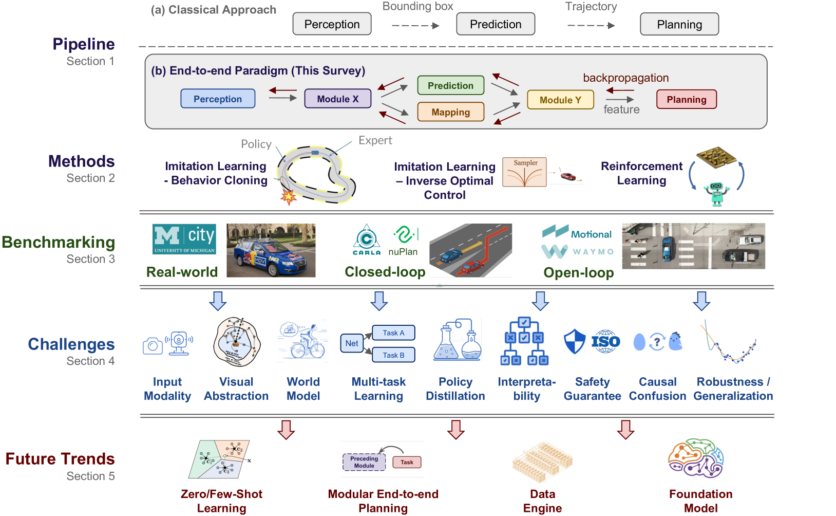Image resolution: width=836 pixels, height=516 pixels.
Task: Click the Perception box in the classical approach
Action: click(332, 24)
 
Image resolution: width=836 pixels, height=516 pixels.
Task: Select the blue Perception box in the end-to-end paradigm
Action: click(218, 99)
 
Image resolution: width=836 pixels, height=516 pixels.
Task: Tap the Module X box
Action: click(337, 99)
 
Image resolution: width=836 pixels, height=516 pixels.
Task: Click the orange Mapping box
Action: click(450, 112)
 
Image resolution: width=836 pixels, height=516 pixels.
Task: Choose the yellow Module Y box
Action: click(560, 100)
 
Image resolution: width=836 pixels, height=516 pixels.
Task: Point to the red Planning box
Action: click(686, 99)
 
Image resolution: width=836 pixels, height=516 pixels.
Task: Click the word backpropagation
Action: click(625, 78)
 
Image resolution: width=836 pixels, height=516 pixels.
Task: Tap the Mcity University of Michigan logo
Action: click(184, 239)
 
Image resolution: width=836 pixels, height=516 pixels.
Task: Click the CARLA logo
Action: click(367, 239)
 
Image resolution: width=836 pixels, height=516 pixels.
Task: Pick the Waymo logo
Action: click(578, 251)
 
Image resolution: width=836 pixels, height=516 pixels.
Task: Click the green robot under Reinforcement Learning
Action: click(716, 194)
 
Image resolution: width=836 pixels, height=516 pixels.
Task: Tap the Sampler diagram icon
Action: click(524, 172)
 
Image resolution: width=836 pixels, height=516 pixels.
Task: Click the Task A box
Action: click(393, 333)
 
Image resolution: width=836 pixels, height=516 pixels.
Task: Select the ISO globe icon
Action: click(606, 341)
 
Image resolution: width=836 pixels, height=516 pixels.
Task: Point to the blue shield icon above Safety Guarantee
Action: click(574, 341)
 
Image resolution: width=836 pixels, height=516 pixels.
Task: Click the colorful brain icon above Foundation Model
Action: click(696, 458)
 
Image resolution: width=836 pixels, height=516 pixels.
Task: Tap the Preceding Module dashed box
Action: click(364, 462)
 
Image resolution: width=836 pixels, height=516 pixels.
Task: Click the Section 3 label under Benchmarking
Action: click(90, 259)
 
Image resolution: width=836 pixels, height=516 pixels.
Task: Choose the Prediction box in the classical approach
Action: click(496, 24)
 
